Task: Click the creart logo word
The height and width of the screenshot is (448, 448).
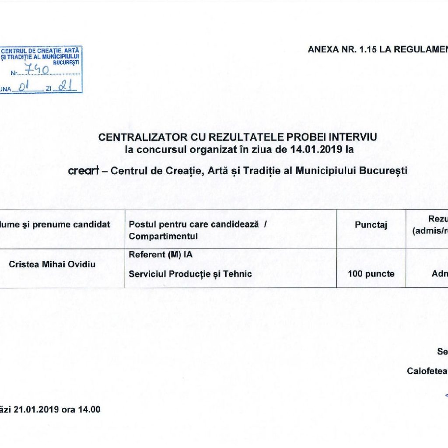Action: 84,171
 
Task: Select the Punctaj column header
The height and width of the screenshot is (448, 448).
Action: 371,225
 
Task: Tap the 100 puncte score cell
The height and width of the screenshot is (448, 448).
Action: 371,274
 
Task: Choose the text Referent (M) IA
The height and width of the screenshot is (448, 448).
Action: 161,253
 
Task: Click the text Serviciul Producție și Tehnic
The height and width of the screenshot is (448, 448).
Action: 190,274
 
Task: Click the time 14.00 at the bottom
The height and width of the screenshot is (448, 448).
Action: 89,409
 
